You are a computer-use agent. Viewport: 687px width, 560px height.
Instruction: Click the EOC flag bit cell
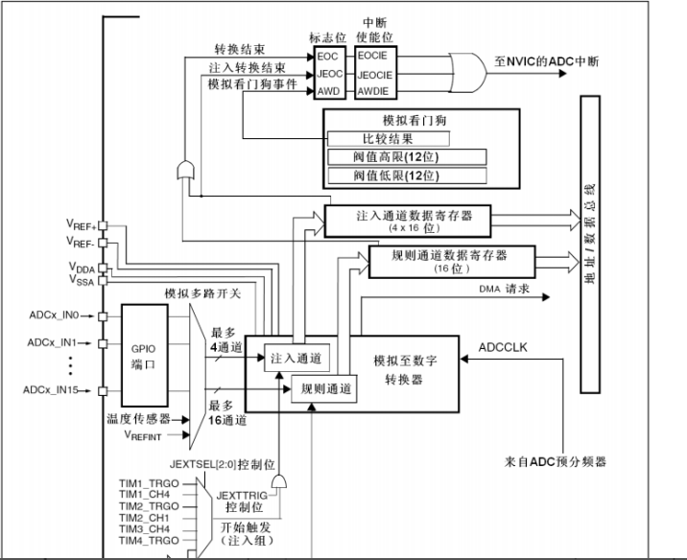330,57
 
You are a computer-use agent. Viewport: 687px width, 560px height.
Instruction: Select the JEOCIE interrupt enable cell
374,74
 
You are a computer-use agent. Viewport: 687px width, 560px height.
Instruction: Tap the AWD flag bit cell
330,90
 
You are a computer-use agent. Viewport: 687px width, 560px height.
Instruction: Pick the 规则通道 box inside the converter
323,389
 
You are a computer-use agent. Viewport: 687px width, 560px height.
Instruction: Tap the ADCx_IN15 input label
56,389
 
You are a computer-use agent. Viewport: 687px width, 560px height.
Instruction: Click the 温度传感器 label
139,419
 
